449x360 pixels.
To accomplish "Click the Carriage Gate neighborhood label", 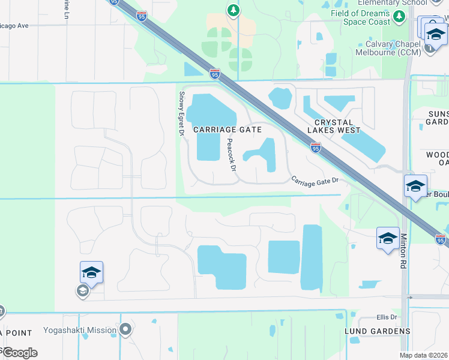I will click(x=228, y=130).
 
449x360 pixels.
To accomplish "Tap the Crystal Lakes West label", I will click(x=334, y=125).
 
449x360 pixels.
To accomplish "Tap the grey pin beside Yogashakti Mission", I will click(x=125, y=329).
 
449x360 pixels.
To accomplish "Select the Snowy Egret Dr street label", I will click(x=181, y=113).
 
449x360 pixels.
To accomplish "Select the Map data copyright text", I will click(x=424, y=355).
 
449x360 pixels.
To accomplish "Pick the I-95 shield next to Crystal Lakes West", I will click(x=315, y=146).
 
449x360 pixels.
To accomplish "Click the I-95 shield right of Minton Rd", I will click(x=441, y=238).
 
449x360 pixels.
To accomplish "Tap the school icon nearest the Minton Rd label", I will click(x=387, y=238).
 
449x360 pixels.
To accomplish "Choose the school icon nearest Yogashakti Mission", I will click(x=92, y=272).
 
